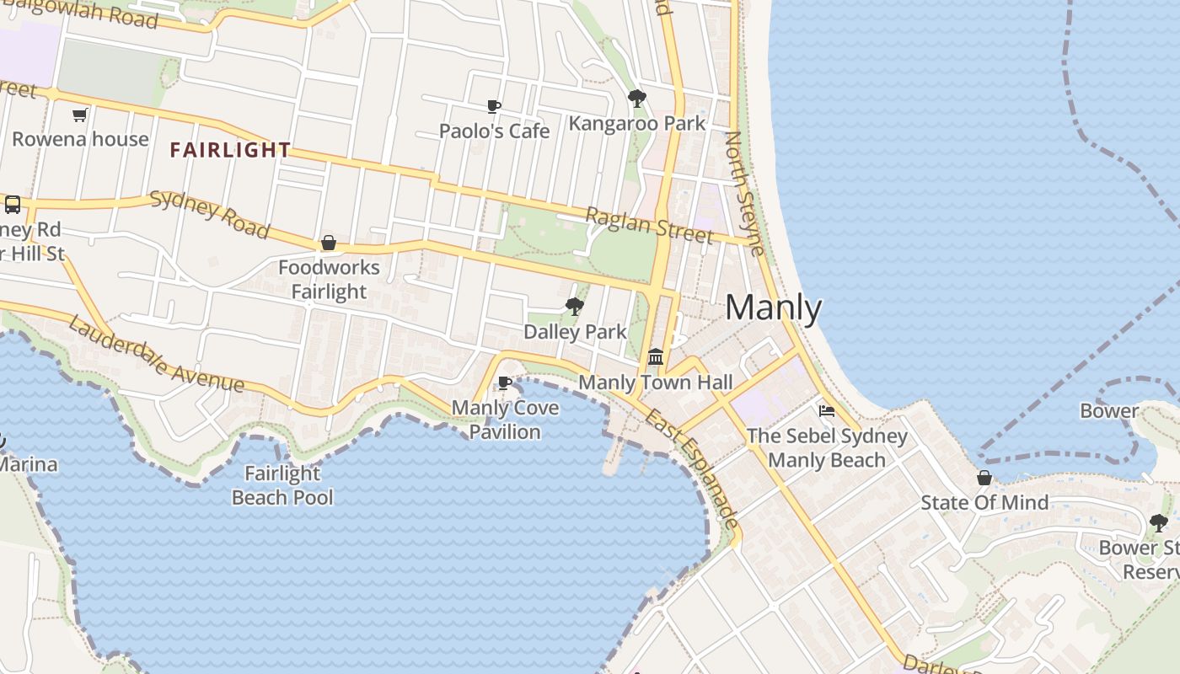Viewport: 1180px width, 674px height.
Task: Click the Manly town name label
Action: (773, 308)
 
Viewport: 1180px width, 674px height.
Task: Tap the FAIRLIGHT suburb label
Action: (230, 151)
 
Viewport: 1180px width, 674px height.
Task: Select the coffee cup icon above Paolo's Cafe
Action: (494, 107)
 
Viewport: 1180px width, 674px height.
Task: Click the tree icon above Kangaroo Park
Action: (637, 99)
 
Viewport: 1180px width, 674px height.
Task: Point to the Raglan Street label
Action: (648, 225)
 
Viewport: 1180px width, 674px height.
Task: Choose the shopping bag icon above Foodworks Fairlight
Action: (329, 243)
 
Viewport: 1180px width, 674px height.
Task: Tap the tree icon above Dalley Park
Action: (575, 306)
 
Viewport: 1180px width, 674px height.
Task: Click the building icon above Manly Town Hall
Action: (656, 357)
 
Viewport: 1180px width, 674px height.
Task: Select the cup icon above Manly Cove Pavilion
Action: (505, 384)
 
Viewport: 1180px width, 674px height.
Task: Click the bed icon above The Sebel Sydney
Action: (827, 411)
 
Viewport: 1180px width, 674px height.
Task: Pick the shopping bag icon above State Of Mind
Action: (984, 479)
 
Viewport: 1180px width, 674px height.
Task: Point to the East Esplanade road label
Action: (693, 468)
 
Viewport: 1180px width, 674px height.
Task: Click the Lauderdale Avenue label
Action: (156, 355)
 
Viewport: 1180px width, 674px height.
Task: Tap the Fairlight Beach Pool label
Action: (282, 485)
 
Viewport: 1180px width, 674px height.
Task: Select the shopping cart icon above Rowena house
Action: (80, 115)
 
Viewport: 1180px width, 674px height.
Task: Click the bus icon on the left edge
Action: (13, 205)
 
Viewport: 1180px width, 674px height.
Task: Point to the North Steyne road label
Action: (745, 193)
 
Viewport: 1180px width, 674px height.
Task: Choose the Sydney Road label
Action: (210, 215)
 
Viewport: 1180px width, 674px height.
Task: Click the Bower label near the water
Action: (1109, 411)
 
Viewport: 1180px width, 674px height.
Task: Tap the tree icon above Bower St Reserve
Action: (1159, 523)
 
